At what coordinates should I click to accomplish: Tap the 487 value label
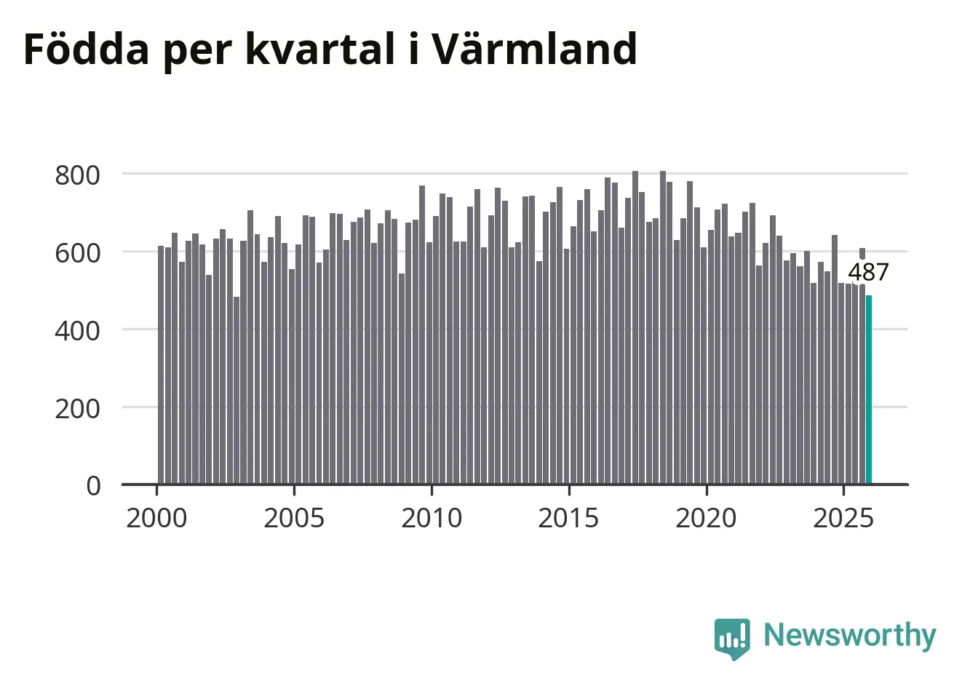pos(869,272)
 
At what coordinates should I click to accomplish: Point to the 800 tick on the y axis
pos(77,175)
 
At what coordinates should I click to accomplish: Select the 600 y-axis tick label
pos(77,253)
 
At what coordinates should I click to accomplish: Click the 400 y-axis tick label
pos(77,331)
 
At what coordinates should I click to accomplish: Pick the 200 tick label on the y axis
pos(77,409)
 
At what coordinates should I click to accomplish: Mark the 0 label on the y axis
pos(93,486)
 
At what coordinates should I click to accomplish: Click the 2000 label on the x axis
pos(156,519)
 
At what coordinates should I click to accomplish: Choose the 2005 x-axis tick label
pos(294,519)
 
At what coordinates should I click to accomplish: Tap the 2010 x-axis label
pos(432,519)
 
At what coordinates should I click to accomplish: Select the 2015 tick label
pos(569,519)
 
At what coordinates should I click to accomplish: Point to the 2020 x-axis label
pos(706,519)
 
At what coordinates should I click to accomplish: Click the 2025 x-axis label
pos(843,519)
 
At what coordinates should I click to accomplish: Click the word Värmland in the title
pos(535,49)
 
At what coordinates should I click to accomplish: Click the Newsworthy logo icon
pos(732,639)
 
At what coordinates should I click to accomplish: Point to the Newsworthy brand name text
pos(850,636)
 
